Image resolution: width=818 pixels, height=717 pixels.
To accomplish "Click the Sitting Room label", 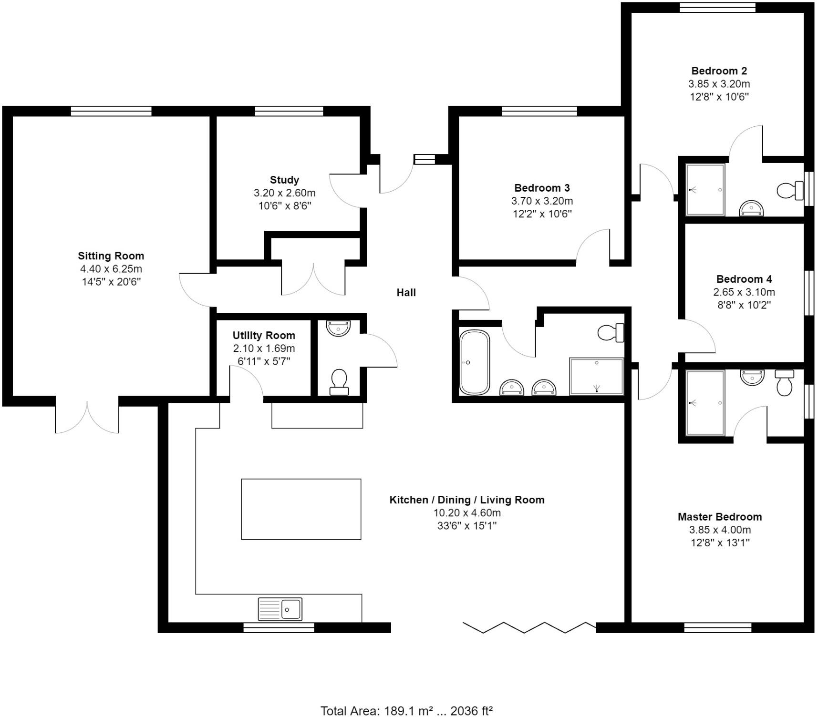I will [x=111, y=256].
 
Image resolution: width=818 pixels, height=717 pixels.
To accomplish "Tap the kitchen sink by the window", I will [x=280, y=609].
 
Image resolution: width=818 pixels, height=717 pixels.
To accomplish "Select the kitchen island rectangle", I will [x=301, y=509].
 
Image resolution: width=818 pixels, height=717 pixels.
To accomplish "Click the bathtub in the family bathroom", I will [x=475, y=362].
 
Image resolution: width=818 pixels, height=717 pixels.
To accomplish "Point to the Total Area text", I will [x=406, y=711].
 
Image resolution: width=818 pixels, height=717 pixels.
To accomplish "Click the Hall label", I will [x=406, y=293].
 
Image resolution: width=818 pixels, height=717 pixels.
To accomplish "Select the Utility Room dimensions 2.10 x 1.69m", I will [x=264, y=348].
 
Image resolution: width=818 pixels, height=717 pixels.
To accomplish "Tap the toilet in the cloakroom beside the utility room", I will [x=339, y=381].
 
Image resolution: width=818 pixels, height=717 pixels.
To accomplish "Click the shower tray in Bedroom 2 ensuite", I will [x=705, y=190].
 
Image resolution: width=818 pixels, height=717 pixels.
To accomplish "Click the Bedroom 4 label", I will [x=744, y=279].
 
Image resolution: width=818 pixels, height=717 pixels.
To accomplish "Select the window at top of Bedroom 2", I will [x=717, y=7].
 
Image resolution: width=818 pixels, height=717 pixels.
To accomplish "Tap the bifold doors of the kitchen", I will [x=529, y=627].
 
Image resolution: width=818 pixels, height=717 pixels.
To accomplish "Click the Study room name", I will [x=284, y=180].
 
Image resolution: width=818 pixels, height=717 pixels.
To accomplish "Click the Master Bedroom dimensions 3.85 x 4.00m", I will [x=720, y=530].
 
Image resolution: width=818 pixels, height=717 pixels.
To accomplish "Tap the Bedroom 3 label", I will [x=542, y=188].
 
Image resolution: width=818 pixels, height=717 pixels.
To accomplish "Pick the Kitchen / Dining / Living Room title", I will [x=466, y=500].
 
